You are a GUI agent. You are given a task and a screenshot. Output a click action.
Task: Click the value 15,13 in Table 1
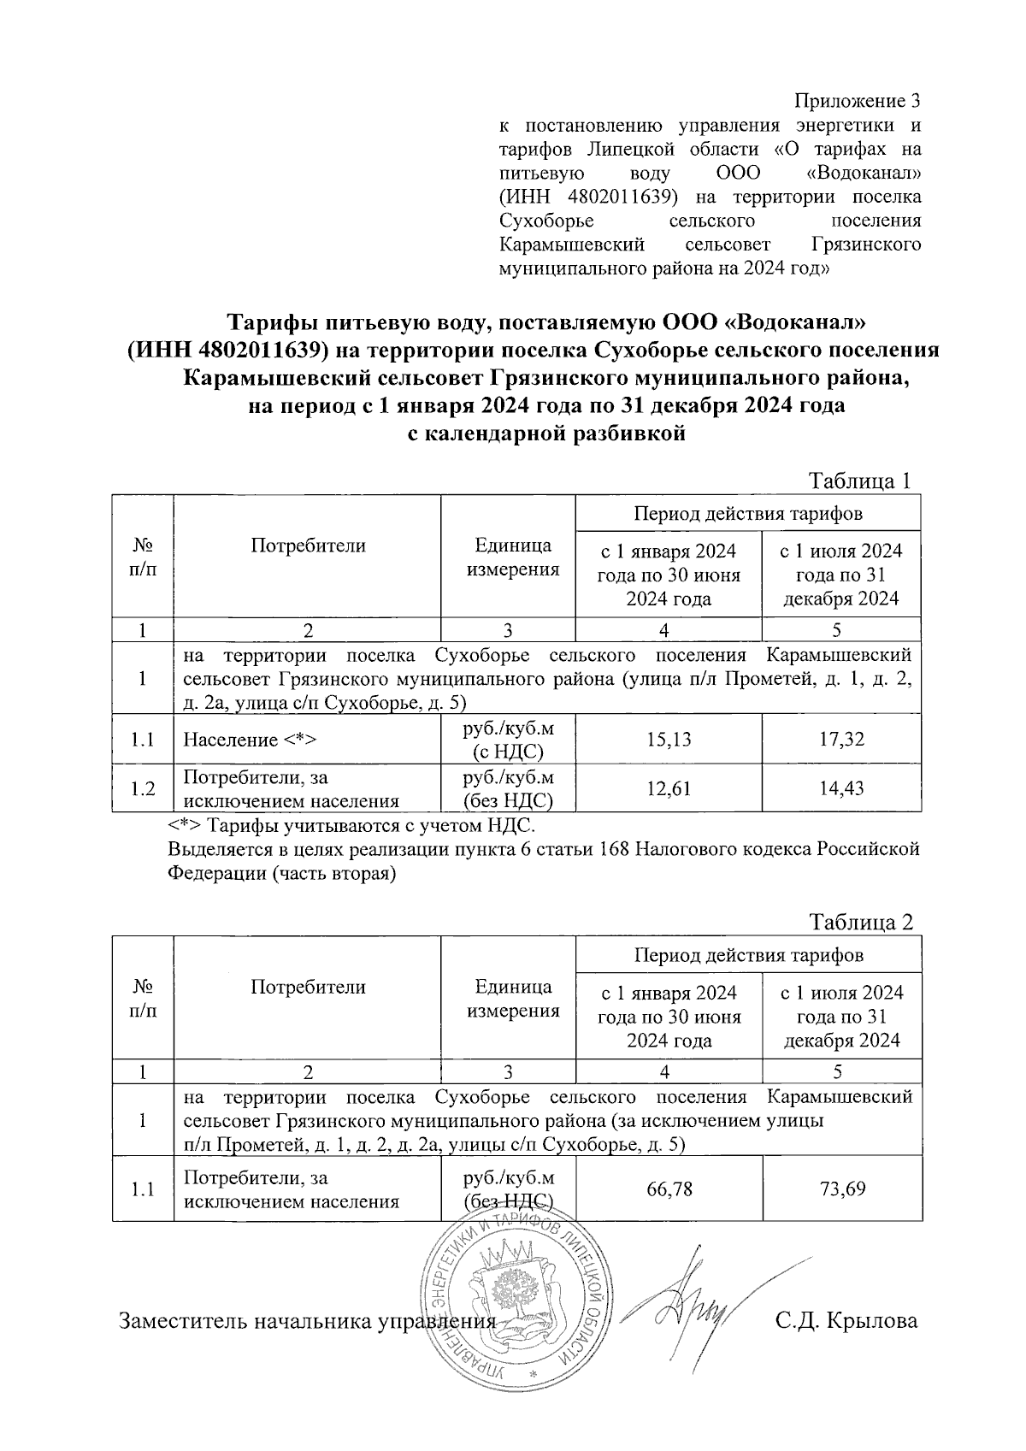coord(669,739)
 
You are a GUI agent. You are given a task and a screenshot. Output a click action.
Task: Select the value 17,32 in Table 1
coord(841,739)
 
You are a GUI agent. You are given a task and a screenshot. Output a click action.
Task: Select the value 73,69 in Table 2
coord(842,1189)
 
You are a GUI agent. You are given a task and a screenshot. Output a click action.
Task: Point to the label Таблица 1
coord(861,481)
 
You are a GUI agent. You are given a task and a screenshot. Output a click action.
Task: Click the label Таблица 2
coord(862,923)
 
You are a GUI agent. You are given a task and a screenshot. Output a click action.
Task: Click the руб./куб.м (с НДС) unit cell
coord(508,740)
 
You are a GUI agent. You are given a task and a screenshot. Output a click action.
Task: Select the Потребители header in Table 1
coord(308,546)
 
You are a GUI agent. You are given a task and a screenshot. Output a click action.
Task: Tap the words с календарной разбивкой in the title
coord(545,434)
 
